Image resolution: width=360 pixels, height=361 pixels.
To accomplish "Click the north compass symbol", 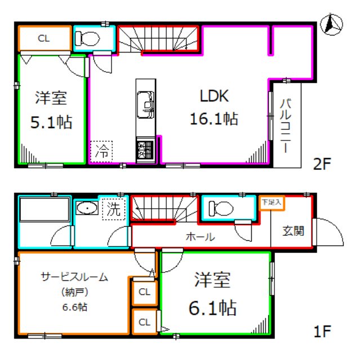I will (332, 24).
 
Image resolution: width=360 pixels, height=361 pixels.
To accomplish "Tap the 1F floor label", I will (323, 329).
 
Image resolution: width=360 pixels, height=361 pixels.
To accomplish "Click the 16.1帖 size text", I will (214, 119).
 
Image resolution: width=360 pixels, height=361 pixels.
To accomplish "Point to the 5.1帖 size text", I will (52, 122).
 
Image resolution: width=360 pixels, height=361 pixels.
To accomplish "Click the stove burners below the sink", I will (144, 151).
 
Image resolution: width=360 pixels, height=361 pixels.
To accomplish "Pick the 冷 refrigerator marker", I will (102, 151).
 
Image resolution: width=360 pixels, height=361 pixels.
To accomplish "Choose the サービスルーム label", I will (74, 277).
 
